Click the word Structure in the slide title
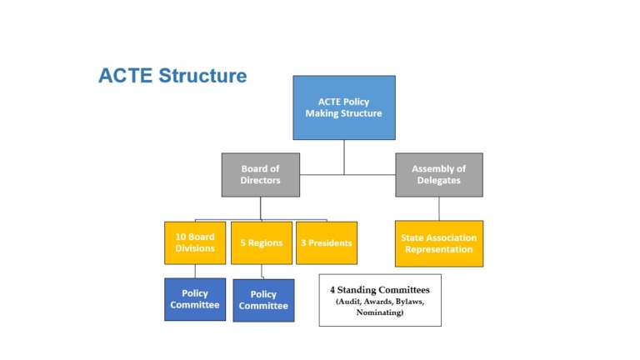[202, 76]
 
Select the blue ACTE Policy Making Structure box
[343, 107]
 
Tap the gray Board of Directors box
[260, 174]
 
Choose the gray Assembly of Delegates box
[438, 174]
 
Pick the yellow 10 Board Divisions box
[195, 242]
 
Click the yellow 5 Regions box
[262, 242]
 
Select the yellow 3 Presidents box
[327, 242]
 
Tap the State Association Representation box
[438, 243]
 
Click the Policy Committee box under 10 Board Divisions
[195, 299]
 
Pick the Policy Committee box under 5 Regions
[263, 300]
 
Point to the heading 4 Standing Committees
[379, 290]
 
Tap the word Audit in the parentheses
[349, 301]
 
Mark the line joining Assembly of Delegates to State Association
[439, 208]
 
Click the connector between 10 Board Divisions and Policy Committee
[195, 271]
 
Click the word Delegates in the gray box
[438, 180]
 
